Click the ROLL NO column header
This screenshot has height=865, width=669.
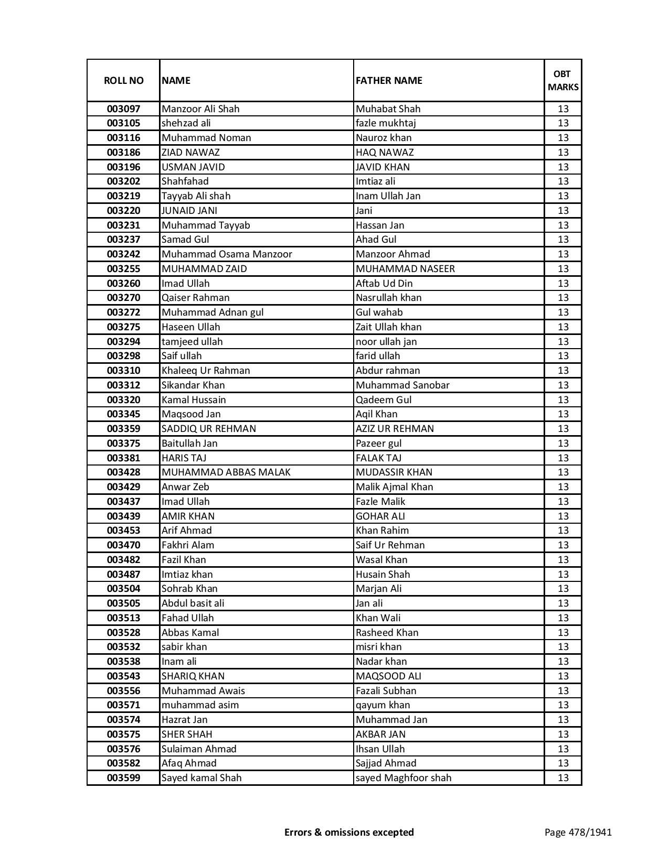point(123,80)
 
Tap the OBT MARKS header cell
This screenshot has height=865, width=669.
point(563,80)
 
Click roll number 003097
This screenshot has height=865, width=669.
point(123,109)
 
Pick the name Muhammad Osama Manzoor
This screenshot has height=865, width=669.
point(227,254)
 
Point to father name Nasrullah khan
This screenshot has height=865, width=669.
point(388,298)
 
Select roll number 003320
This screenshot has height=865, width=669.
point(123,400)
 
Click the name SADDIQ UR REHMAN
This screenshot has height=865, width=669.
point(209,429)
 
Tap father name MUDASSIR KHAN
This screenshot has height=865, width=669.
point(394,472)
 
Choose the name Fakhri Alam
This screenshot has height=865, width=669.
point(188,545)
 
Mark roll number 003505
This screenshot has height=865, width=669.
point(123,603)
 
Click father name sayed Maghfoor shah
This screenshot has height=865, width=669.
point(403,778)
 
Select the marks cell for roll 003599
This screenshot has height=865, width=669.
point(563,778)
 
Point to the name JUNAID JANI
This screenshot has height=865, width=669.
point(189,211)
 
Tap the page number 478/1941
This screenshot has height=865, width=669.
point(578,832)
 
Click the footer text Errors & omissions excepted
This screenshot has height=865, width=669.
point(349,832)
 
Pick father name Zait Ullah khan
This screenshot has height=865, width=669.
point(388,327)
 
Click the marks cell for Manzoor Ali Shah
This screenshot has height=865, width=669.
point(563,109)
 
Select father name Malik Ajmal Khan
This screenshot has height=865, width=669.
point(394,487)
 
